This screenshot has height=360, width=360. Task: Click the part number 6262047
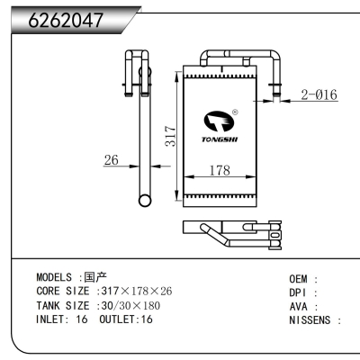point(67,20)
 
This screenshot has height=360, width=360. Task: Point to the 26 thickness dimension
point(112,160)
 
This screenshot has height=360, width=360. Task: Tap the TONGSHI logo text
point(217,139)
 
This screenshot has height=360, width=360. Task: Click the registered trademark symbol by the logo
point(235,113)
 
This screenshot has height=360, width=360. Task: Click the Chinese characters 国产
point(95,277)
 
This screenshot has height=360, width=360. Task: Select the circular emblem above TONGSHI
point(217,122)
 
